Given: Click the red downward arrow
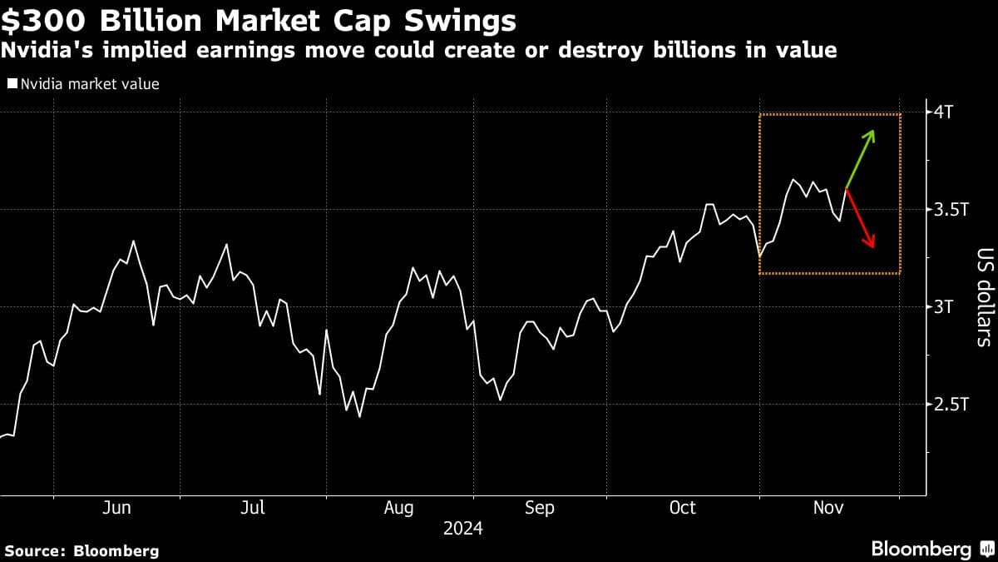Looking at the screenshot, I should click(860, 219).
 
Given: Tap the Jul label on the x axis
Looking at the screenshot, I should click(252, 508).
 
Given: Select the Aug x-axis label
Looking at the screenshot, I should click(399, 508).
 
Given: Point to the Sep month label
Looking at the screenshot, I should click(540, 508).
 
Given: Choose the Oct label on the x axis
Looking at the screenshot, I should click(683, 508).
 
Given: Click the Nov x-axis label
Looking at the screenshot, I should click(829, 508).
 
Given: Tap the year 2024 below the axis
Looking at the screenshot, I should click(462, 529).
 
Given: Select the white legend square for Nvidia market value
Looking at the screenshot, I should click(12, 83).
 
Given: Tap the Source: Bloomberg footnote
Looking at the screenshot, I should click(82, 550).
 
